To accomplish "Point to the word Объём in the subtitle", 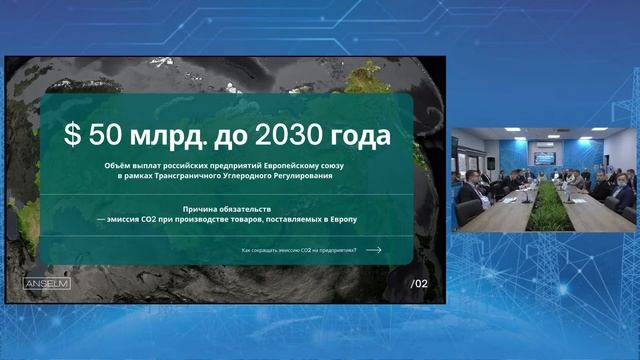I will pyautogui.click(x=116, y=165).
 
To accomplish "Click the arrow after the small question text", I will pyautogui.click(x=374, y=250).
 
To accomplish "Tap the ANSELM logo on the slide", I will pyautogui.click(x=46, y=283).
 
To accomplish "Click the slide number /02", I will pyautogui.click(x=419, y=284).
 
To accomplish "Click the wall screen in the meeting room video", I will pyautogui.click(x=545, y=158).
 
